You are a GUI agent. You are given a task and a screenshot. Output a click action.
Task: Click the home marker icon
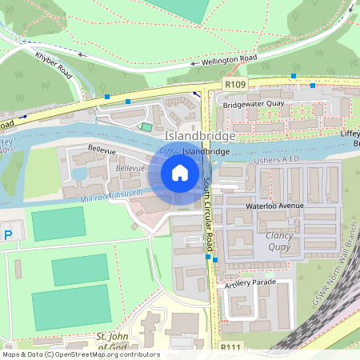[x=180, y=173]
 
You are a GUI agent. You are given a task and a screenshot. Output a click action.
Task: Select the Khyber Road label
[x=54, y=64]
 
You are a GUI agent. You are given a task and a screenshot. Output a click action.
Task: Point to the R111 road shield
[x=231, y=346]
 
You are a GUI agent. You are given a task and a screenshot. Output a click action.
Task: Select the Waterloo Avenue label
[x=274, y=206]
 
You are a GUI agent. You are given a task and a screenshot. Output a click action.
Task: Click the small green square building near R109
[x=146, y=126]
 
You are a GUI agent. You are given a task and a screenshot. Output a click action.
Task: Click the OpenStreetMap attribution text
[x=80, y=354]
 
